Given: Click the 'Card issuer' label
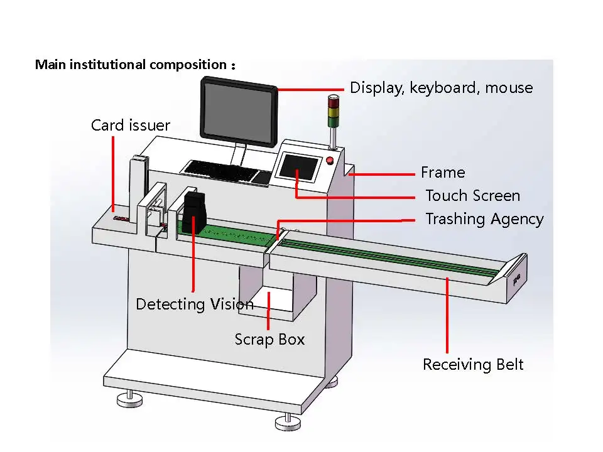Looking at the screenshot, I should (x=130, y=126).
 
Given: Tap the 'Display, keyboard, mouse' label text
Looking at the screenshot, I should (x=441, y=88).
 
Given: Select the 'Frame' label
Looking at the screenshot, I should (x=443, y=173).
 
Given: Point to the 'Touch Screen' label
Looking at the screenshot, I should (x=472, y=196).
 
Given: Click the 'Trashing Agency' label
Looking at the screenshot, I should (x=484, y=219).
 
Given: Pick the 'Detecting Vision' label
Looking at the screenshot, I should (x=195, y=304).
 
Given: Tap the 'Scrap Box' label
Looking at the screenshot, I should (x=269, y=340).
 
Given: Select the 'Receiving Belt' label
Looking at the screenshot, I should (x=472, y=365).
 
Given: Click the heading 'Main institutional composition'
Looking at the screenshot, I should (x=131, y=65).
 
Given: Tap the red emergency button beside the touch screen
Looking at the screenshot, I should (x=330, y=159).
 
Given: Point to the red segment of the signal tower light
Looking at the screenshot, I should (x=333, y=100).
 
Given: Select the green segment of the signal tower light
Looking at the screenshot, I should (x=333, y=120).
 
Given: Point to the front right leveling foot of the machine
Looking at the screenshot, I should (x=286, y=421).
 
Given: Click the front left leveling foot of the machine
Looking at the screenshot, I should (x=130, y=400).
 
